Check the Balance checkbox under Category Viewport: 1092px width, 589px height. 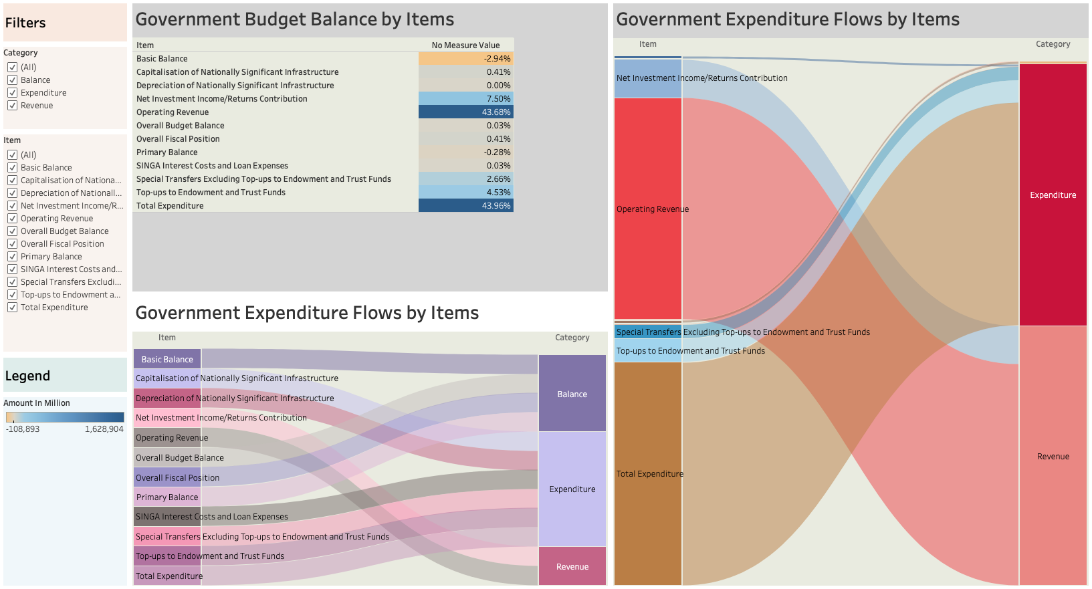pyautogui.click(x=12, y=80)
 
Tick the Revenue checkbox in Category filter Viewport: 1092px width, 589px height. pyautogui.click(x=12, y=106)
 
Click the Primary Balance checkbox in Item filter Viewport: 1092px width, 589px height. pyautogui.click(x=12, y=257)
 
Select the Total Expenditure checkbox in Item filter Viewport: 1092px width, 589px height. pyautogui.click(x=12, y=308)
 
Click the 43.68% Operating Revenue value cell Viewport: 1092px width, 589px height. pyautogui.click(x=465, y=112)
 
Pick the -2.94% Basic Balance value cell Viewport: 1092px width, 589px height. pyautogui.click(x=465, y=59)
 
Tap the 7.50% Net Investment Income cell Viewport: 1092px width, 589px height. pyautogui.click(x=465, y=99)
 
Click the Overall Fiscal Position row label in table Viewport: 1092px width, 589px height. pyautogui.click(x=178, y=139)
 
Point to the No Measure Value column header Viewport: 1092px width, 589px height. pyautogui.click(x=465, y=45)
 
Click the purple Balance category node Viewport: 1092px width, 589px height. pyautogui.click(x=572, y=393)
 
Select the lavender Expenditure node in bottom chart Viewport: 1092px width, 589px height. pyautogui.click(x=572, y=489)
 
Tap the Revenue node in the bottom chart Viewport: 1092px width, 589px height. pyautogui.click(x=572, y=566)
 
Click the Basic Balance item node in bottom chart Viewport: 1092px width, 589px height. pyautogui.click(x=167, y=359)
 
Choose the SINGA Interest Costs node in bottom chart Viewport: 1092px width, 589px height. pyautogui.click(x=167, y=517)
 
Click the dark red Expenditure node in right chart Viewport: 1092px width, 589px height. pyautogui.click(x=1053, y=195)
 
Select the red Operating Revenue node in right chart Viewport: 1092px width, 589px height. pyautogui.click(x=647, y=209)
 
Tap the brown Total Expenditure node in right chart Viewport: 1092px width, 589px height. pyautogui.click(x=647, y=473)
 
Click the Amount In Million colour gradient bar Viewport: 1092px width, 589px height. pyautogui.click(x=65, y=417)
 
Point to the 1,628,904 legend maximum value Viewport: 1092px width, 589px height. pyautogui.click(x=104, y=429)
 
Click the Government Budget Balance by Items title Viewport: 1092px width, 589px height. pyautogui.click(x=295, y=19)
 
